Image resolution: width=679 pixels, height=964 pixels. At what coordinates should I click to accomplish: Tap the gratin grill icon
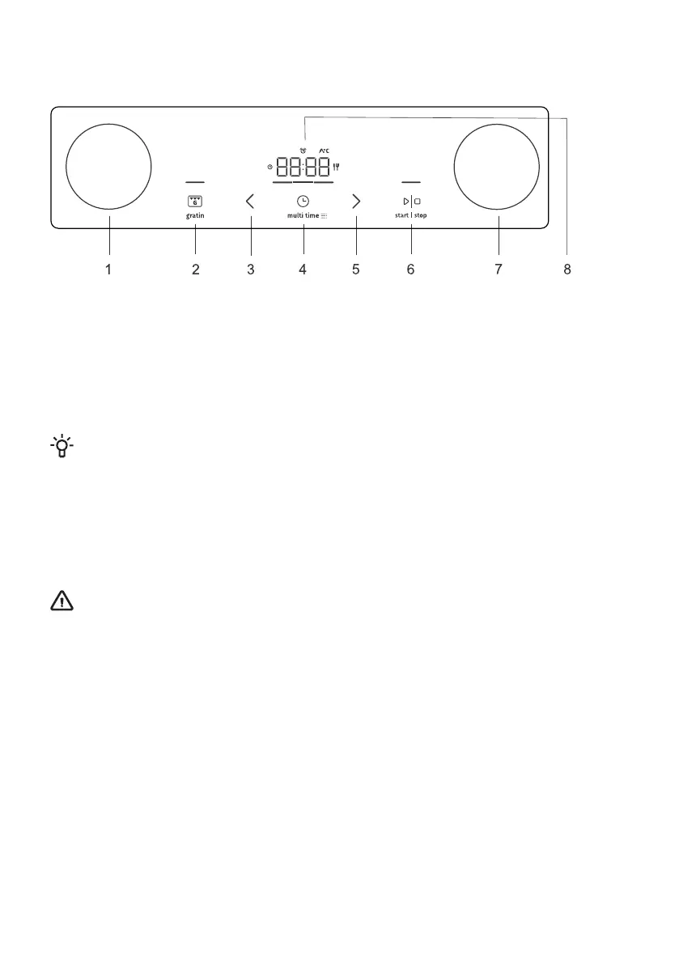195,201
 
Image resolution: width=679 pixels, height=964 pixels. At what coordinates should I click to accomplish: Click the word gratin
195,216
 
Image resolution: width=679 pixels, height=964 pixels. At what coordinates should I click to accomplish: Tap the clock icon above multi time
303,201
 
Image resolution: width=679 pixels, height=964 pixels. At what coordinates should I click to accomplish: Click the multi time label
307,216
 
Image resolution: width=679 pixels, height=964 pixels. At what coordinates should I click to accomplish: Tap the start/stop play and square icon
412,201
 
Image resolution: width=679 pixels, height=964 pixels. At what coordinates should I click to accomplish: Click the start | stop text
411,215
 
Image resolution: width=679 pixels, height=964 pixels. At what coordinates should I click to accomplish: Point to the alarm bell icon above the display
303,151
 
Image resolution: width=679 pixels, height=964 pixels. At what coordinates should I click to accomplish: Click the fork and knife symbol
336,167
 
